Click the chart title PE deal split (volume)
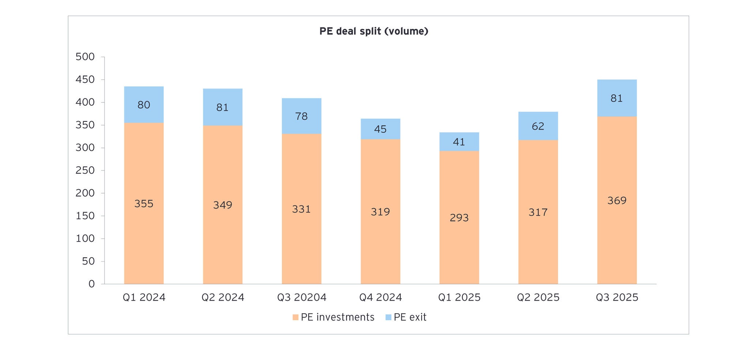click(373, 31)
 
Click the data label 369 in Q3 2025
click(617, 200)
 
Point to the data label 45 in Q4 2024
click(380, 129)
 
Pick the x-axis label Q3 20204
click(301, 297)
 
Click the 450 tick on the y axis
click(85, 80)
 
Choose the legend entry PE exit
click(406, 317)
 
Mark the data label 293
click(459, 218)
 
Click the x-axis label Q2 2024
click(223, 297)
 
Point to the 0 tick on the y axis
click(91, 284)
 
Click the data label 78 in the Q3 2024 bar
click(301, 116)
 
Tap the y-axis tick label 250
click(85, 170)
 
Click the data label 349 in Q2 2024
click(223, 205)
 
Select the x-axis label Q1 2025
click(459, 297)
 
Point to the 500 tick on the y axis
click(85, 57)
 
